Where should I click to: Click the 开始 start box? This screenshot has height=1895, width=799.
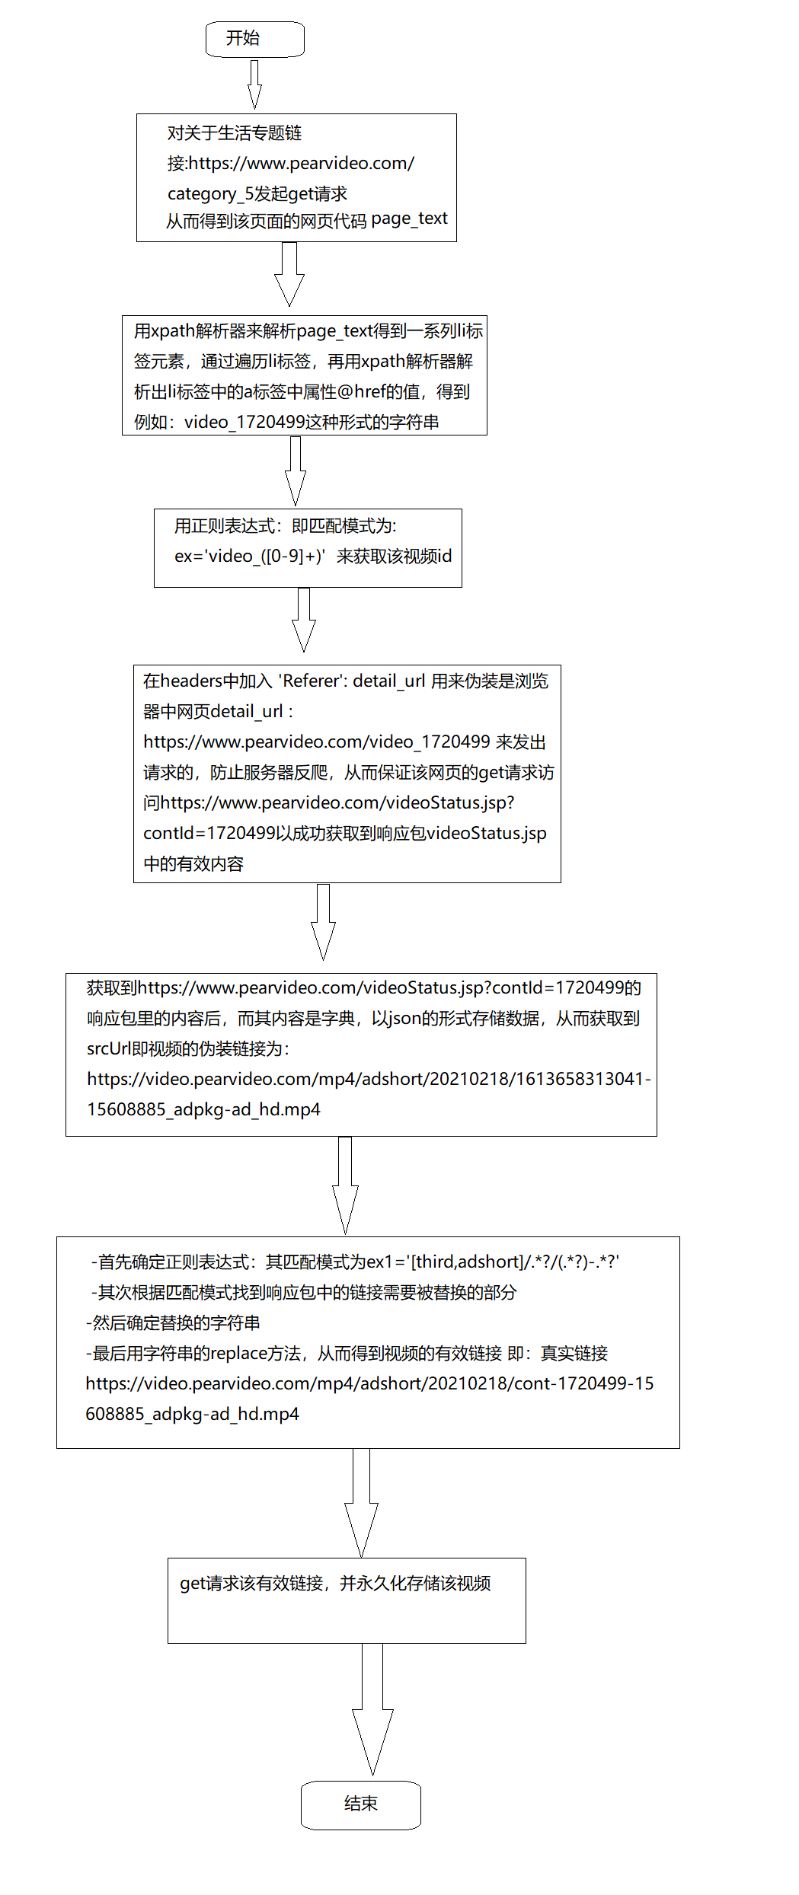(x=254, y=39)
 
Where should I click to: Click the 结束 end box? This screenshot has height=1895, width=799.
(x=360, y=1804)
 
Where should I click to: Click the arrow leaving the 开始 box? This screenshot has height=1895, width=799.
(x=254, y=84)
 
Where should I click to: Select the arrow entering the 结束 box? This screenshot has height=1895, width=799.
(x=372, y=1713)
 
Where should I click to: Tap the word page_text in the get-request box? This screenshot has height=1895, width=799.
(x=409, y=219)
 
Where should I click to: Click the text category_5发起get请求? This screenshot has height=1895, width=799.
(x=257, y=193)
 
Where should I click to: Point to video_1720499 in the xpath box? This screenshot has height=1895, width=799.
(x=244, y=422)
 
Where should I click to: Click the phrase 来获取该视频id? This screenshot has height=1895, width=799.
(x=394, y=556)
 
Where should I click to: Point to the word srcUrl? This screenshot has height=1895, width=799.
(x=109, y=1048)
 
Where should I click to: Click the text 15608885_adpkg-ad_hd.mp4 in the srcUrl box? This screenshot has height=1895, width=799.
(x=203, y=1109)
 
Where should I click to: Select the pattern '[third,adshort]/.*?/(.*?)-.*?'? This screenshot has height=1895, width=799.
(x=515, y=1262)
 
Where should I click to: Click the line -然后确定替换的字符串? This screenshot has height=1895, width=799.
(x=173, y=1322)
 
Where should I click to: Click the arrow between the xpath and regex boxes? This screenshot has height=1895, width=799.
(x=296, y=471)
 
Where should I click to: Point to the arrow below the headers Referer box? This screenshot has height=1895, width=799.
(x=323, y=921)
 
